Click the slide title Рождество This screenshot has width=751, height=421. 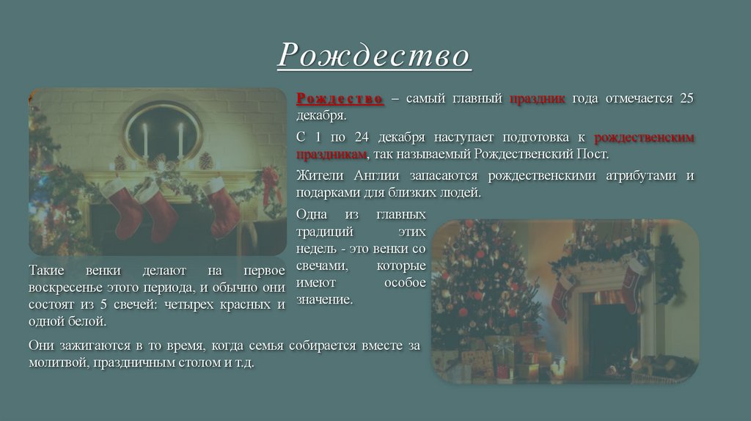pos(373,55)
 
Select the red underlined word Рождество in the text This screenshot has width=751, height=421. pos(340,98)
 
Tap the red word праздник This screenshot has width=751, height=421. pos(537,98)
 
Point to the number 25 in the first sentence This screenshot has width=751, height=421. pos(686,98)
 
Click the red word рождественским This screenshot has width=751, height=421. pos(644,137)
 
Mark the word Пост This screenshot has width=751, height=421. pos(595,155)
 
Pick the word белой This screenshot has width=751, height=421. pos(90,322)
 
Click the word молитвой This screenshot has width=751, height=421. pos(57,363)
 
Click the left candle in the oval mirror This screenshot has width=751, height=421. pos(145,139)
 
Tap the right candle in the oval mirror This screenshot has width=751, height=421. pos(180,139)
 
